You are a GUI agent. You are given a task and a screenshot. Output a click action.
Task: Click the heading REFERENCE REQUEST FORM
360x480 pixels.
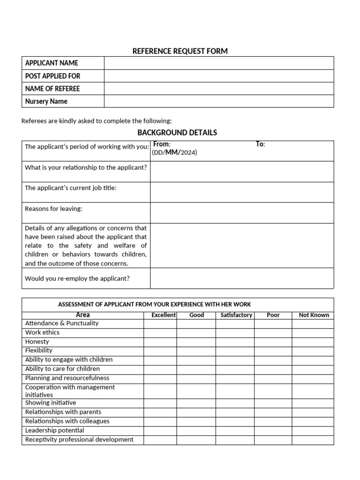180,51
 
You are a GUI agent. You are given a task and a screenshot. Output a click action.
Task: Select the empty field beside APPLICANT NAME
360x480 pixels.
218,63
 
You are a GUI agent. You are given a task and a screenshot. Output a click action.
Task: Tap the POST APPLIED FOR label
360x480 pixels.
52,76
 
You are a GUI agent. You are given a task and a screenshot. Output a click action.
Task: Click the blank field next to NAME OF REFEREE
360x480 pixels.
218,89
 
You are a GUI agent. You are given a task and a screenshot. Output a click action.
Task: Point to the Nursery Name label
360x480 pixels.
46,101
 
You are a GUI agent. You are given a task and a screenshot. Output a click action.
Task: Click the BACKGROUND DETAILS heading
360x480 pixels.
177,133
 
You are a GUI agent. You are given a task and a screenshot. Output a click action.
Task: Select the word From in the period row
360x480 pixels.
162,144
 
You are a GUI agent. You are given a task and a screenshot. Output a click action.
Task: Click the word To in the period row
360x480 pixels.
260,144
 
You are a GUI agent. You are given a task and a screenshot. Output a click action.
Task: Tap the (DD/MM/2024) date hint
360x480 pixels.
174,153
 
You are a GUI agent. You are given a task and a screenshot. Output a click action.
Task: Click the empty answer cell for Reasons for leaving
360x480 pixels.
242,213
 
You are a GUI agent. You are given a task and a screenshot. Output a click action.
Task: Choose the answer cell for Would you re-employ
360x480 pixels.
242,278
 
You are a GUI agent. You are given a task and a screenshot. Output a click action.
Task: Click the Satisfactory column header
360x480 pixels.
236,315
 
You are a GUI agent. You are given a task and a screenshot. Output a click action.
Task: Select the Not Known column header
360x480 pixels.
314,315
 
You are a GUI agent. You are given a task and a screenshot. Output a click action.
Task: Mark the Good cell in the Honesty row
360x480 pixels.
196,342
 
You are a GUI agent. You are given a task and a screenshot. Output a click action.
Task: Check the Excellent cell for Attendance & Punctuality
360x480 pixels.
160,323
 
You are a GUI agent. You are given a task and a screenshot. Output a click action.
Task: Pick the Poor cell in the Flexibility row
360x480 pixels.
273,351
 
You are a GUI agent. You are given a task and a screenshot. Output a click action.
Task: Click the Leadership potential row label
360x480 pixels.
54,430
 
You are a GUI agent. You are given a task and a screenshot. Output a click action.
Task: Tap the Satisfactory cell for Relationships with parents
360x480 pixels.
235,412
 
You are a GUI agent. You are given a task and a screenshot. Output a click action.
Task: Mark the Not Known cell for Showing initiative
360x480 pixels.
313,403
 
